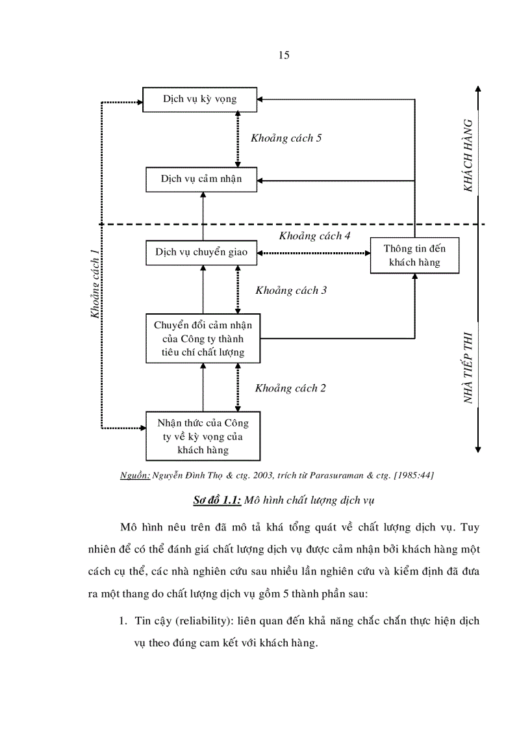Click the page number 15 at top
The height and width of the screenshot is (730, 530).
point(284,55)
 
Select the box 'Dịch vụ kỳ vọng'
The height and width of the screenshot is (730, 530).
point(200,99)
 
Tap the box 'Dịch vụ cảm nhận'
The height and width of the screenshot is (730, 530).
point(201,178)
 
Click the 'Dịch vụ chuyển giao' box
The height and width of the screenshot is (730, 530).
point(201,252)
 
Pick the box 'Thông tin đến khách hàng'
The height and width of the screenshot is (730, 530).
point(414,255)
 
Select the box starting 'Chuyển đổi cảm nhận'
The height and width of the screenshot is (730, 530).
point(203,339)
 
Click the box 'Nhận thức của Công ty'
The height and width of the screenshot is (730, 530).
point(203,436)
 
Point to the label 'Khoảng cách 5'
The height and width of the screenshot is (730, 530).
point(286,138)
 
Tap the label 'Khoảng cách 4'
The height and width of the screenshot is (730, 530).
point(314,235)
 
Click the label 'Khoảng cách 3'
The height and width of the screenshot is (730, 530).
point(291,290)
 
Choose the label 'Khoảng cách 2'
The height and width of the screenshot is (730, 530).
point(290,388)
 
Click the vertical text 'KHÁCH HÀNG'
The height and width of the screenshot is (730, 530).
point(468,155)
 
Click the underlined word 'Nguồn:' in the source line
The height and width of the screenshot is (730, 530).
point(135,475)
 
